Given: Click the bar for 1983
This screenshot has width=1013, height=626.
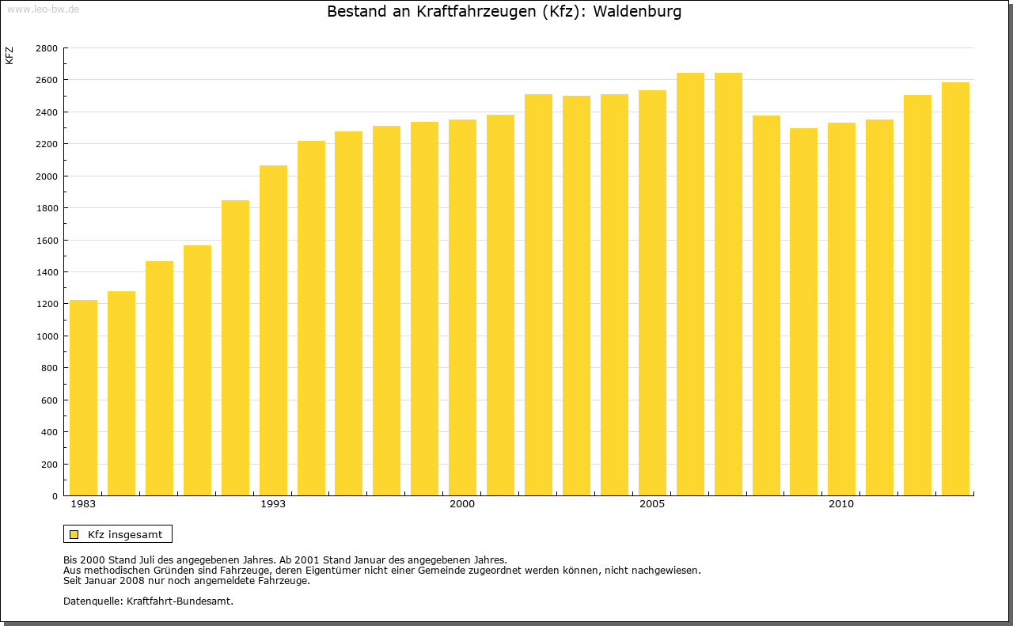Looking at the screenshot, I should coord(83,397).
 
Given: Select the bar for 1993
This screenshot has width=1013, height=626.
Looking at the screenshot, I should coord(273,330).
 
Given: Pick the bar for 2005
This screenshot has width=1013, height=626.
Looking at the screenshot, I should coord(652,293).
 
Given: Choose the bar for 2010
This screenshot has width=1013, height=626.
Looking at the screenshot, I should coord(841,309).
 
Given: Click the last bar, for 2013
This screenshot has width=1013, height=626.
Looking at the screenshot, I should coord(955,289).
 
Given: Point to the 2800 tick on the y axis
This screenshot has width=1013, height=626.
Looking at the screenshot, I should coord(47,48).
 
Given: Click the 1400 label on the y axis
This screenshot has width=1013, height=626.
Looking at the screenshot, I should coord(47,272).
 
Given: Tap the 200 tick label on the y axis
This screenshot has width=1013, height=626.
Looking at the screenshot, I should coord(50,465).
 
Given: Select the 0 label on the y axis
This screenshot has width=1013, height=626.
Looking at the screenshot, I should coord(54,496).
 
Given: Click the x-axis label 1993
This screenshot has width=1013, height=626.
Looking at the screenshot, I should coord(273,504).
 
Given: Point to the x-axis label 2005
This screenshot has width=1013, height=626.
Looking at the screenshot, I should coord(652,504).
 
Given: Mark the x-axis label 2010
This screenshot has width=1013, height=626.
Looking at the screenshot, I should coord(841,504).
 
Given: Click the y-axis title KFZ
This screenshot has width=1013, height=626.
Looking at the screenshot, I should coord(9,55).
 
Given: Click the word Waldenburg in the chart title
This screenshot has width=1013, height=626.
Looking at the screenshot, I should coord(642,12).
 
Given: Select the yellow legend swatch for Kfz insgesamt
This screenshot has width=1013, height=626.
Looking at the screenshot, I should coord(74,535).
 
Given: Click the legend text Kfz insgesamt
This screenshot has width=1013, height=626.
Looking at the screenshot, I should coord(125,535).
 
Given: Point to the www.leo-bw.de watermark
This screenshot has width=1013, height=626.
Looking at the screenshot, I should coord(42,9).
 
